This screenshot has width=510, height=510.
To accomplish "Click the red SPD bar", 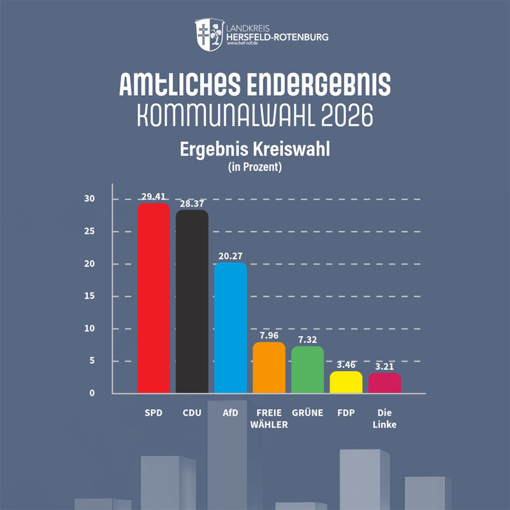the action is click(x=154, y=298).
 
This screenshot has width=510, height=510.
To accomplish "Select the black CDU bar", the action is click(x=192, y=301).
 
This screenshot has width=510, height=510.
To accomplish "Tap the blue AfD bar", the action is click(x=231, y=328).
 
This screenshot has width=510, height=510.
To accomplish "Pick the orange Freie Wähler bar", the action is click(x=269, y=368).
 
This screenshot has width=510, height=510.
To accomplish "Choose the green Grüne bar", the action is click(x=307, y=370).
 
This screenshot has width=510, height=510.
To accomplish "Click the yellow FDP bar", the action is click(x=346, y=382).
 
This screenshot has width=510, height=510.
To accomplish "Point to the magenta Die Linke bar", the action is click(x=384, y=383).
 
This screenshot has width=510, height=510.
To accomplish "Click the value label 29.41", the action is click(x=154, y=196).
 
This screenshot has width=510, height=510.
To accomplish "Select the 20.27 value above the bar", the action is click(x=231, y=256).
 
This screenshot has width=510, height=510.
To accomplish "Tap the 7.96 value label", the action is click(x=269, y=335).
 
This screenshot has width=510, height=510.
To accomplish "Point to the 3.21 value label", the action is click(x=384, y=367).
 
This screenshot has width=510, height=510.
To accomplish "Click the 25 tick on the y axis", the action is click(x=89, y=231).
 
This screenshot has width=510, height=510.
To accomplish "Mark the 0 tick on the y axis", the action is click(x=92, y=393).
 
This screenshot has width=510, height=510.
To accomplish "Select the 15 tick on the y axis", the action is click(x=89, y=296).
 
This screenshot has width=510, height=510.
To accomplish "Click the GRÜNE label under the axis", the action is click(x=307, y=412).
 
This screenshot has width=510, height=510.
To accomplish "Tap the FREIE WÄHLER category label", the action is click(x=269, y=419).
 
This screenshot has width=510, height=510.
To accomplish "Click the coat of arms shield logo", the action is click(x=210, y=34).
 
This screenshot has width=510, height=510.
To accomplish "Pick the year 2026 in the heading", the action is click(x=347, y=115).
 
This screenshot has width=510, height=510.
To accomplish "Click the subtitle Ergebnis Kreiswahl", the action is click(x=255, y=149).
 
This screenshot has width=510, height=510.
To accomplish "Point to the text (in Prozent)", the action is click(x=255, y=167).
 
